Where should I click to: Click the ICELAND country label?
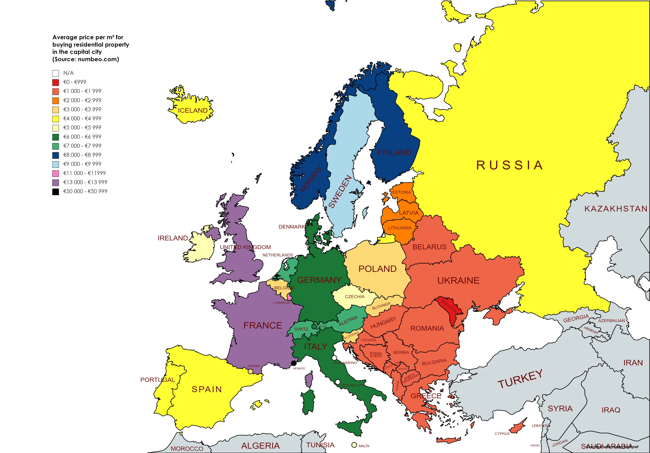193,111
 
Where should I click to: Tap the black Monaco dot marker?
294,363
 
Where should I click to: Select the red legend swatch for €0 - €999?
55,82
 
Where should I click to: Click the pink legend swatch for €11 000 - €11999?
55,173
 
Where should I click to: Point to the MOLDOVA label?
449,306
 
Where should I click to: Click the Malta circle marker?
354,445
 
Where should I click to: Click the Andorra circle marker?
250,371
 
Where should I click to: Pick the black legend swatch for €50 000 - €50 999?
55,192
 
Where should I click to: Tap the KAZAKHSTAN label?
616,209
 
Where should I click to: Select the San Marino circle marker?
334,358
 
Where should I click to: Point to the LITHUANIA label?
399,228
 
